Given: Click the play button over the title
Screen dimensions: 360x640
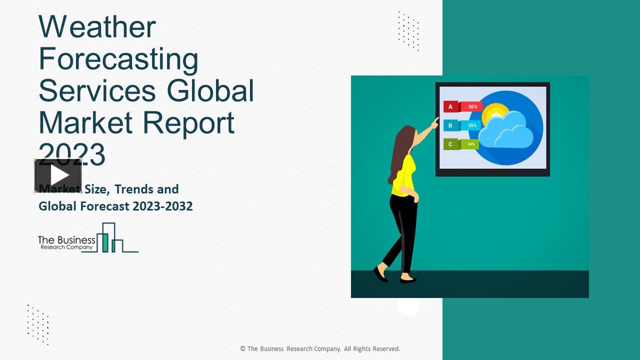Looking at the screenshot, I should (58, 175).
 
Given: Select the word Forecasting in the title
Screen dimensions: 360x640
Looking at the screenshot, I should (118, 59).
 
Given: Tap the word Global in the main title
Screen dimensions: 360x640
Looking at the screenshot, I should (210, 91).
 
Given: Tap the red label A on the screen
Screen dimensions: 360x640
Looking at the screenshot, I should (450, 106).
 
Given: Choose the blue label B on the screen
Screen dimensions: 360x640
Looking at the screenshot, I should (450, 125).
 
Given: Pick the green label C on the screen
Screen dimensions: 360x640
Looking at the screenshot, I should (450, 144).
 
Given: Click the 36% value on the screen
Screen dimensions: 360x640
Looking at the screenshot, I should (472, 106).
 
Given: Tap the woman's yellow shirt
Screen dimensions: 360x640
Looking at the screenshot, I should (403, 175).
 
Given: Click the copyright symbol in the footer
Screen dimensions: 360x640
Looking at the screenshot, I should (243, 349).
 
